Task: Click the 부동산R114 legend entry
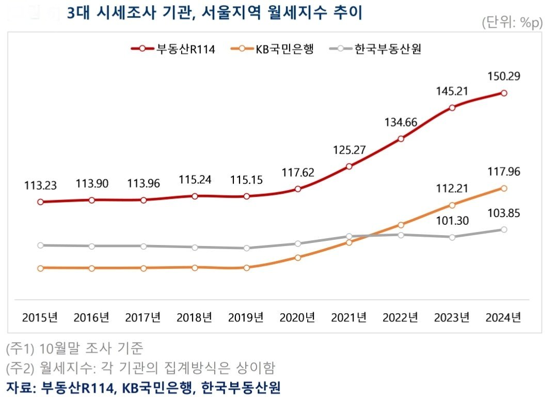pyautogui.click(x=173, y=49)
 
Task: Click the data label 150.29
pyautogui.click(x=503, y=76)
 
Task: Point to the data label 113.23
pyautogui.click(x=40, y=185)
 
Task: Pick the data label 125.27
pyautogui.click(x=350, y=150)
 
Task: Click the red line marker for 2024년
pyautogui.click(x=504, y=94)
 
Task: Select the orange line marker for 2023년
pyautogui.click(x=452, y=205)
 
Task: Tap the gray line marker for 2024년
pyautogui.click(x=504, y=229)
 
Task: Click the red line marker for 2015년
pyautogui.click(x=40, y=202)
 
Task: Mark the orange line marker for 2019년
pyautogui.click(x=247, y=268)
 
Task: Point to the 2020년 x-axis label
pyautogui.click(x=297, y=317)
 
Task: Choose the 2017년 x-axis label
pyautogui.click(x=143, y=317)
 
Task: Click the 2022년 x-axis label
pyautogui.click(x=400, y=317)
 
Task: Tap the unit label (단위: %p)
pyautogui.click(x=512, y=23)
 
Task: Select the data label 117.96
pyautogui.click(x=503, y=171)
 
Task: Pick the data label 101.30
pyautogui.click(x=452, y=220)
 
